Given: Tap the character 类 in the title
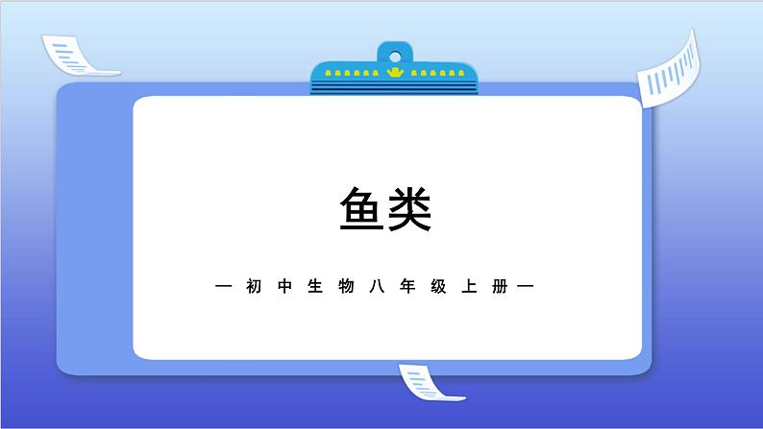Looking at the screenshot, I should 408,209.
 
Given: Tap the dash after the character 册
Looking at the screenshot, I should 526,286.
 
